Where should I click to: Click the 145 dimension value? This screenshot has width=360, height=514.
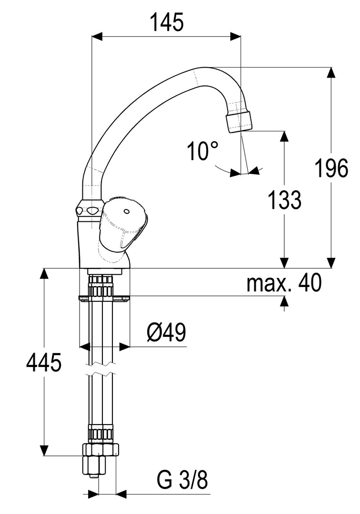click(x=167, y=22)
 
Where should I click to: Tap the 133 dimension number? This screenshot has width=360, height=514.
click(x=284, y=200)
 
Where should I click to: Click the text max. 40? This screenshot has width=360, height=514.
click(x=284, y=284)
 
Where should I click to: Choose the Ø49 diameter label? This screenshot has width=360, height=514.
click(x=166, y=333)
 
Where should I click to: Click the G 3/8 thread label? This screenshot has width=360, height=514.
click(x=183, y=480)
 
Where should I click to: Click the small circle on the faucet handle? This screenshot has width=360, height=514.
click(x=126, y=211)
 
